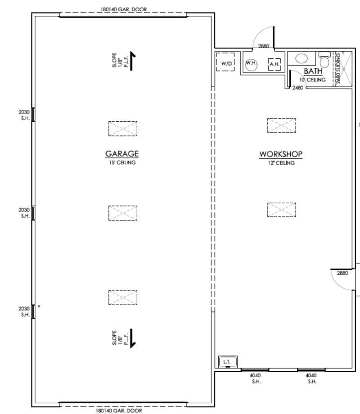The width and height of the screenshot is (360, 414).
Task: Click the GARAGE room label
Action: tap(122, 154)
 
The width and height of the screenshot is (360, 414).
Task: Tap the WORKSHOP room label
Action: tap(281, 154)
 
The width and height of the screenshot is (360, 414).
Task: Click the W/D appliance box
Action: tap(227, 64)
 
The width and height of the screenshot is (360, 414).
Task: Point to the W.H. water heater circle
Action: tap(251, 64)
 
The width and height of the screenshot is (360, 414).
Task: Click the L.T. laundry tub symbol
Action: tap(227, 361)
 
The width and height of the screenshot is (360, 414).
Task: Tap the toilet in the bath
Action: tap(324, 59)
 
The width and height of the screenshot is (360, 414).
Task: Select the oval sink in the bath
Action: tap(301, 58)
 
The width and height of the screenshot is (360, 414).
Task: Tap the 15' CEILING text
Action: tap(122, 163)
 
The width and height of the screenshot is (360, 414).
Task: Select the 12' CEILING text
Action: tap(281, 163)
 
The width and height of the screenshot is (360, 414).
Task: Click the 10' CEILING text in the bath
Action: tap(313, 80)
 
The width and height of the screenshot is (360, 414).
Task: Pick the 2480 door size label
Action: tap(297, 88)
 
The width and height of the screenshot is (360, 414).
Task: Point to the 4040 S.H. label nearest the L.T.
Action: tap(255, 378)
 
